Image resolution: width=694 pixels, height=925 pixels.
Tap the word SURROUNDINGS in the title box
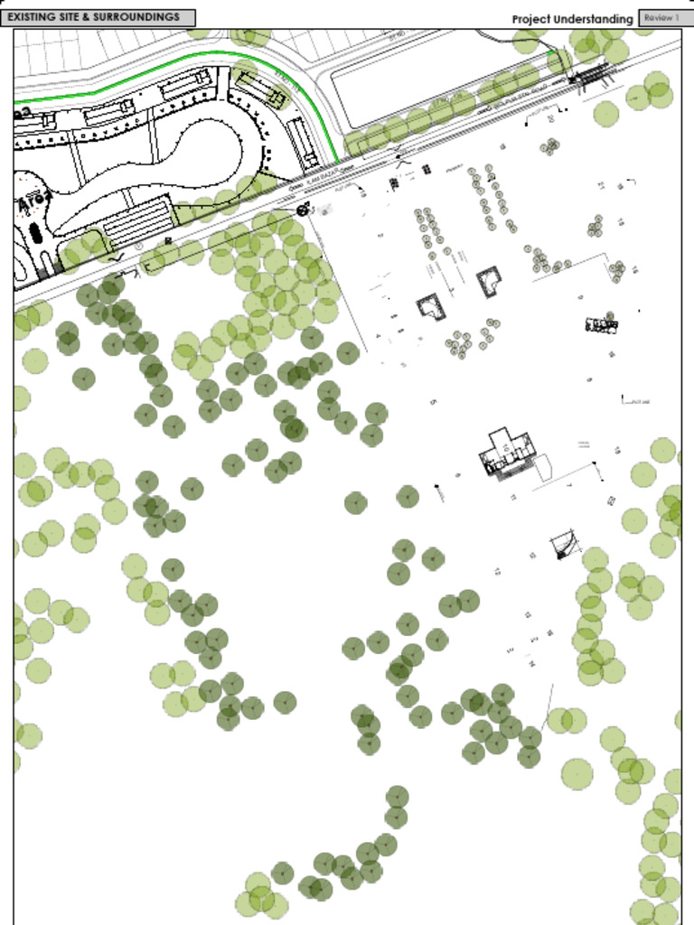(136, 17)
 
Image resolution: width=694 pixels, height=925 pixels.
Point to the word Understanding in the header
(598, 19)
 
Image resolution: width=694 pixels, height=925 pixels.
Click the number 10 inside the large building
(507, 445)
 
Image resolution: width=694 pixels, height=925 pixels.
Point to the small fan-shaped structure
(566, 545)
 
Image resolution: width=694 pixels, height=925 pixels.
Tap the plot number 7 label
(569, 486)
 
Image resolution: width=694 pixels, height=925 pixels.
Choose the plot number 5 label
(434, 401)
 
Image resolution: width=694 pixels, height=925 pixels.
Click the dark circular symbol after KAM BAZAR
(302, 210)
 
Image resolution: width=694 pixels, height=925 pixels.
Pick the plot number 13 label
(498, 571)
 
